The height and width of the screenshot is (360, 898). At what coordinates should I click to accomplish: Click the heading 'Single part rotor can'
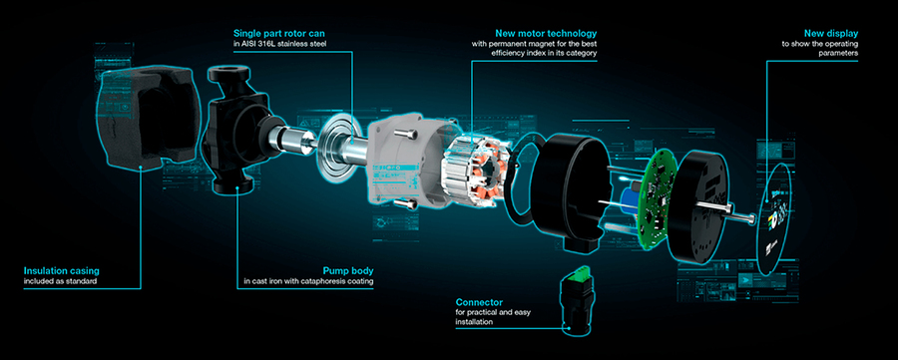coord(280,33)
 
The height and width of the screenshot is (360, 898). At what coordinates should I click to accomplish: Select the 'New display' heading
coord(831,33)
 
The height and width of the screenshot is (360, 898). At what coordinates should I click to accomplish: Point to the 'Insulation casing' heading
coord(61,270)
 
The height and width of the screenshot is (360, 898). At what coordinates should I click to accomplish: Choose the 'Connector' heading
coord(479,301)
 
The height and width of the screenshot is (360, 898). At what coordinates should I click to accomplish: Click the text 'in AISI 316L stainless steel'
coord(280,44)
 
